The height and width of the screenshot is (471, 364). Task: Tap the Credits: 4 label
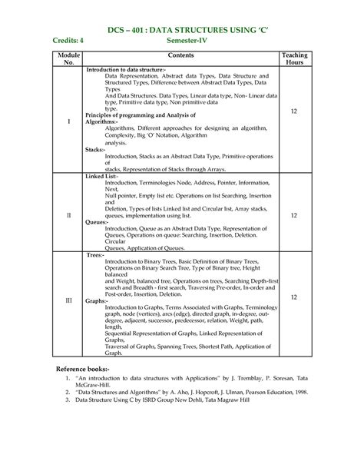point(73,41)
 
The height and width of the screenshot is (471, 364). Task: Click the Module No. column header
point(68,60)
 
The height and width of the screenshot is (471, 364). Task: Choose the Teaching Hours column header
point(293,60)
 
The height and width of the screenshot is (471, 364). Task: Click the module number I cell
point(68,121)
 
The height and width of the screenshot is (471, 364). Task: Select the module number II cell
point(68,216)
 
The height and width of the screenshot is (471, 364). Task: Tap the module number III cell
point(68,300)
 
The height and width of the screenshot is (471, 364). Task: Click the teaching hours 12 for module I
point(293,111)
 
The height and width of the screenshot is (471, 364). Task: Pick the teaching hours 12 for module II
point(293,216)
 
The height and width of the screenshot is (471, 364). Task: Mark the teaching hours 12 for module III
point(293,300)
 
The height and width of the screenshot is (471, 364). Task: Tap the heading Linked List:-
point(101,176)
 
